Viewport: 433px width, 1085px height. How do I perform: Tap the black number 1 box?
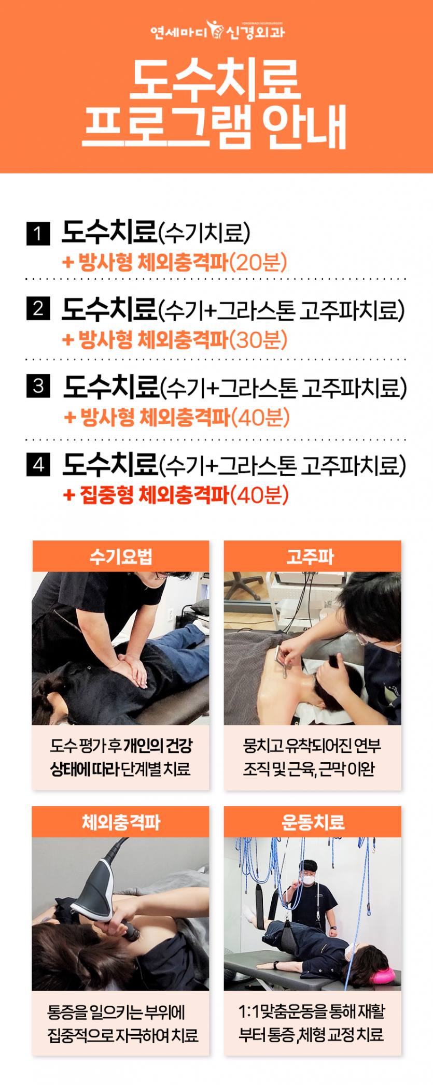38,234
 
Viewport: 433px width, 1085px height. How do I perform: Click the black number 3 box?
38,387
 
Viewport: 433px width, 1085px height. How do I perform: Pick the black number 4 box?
38,464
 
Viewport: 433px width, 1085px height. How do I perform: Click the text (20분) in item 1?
258,262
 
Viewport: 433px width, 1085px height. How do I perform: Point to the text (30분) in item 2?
258,340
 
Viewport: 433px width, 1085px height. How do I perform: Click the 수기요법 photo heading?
120,557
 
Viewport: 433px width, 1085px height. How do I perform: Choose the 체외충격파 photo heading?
120,822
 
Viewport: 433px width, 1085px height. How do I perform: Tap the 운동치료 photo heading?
312,822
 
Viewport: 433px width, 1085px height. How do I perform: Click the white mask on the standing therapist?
310,875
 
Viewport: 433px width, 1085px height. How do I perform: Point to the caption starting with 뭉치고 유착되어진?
312,758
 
